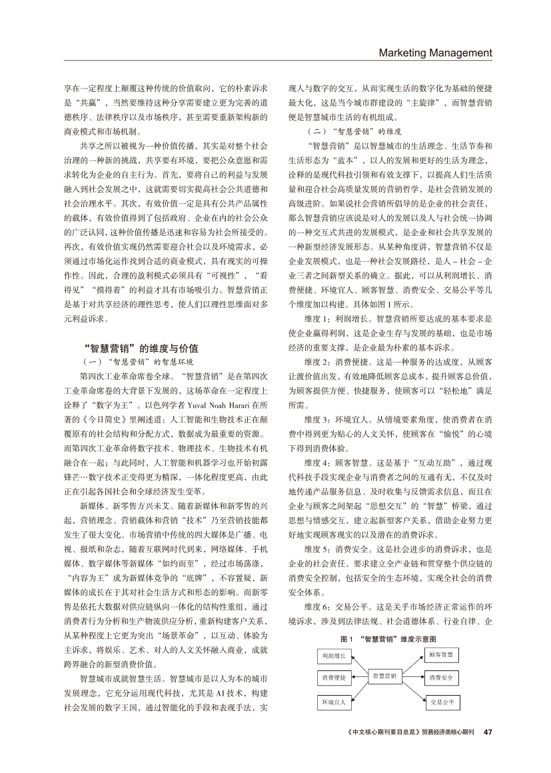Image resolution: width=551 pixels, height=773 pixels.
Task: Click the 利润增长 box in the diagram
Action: (x=333, y=656)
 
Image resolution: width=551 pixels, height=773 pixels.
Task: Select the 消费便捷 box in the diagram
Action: (x=333, y=678)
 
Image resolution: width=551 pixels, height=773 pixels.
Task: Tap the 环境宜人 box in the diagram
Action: (x=333, y=702)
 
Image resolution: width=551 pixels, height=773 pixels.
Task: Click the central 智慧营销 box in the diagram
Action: (x=385, y=676)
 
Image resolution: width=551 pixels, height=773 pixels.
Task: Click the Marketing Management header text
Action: (x=435, y=53)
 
